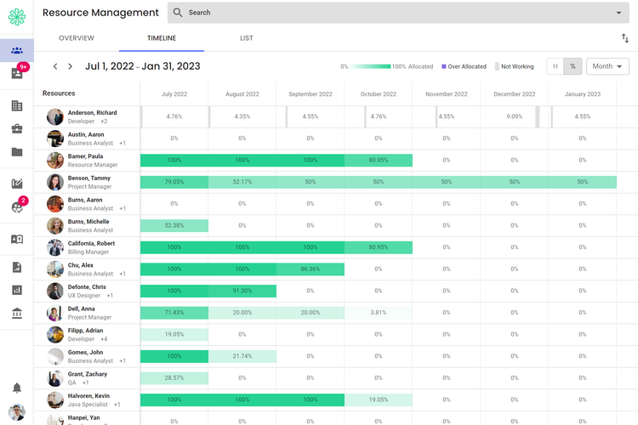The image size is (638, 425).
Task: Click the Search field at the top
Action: [x=400, y=13]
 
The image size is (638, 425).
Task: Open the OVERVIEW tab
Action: [x=77, y=38]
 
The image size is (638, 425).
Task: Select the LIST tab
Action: [x=247, y=38]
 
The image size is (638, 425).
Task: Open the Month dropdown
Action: [x=607, y=66]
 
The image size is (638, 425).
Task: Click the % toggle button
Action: [x=573, y=66]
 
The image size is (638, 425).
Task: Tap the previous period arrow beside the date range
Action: [x=55, y=66]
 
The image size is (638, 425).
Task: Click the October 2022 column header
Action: [x=379, y=94]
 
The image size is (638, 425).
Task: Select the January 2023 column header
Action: [x=583, y=94]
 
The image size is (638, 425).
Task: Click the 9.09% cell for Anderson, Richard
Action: [x=515, y=116]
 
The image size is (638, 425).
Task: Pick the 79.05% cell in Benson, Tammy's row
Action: [x=174, y=182]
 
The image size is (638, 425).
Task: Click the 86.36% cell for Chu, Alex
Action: [x=310, y=269]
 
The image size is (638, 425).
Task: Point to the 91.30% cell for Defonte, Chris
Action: [x=242, y=291]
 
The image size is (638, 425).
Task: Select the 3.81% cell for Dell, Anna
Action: [x=379, y=313]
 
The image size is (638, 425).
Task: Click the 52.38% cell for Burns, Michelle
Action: [x=174, y=225]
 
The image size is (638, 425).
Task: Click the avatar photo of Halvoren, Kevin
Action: [x=55, y=399]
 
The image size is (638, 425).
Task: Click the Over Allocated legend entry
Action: [x=464, y=66]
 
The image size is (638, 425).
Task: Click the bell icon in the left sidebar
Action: [x=17, y=388]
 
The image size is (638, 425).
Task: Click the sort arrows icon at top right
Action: [x=625, y=38]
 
